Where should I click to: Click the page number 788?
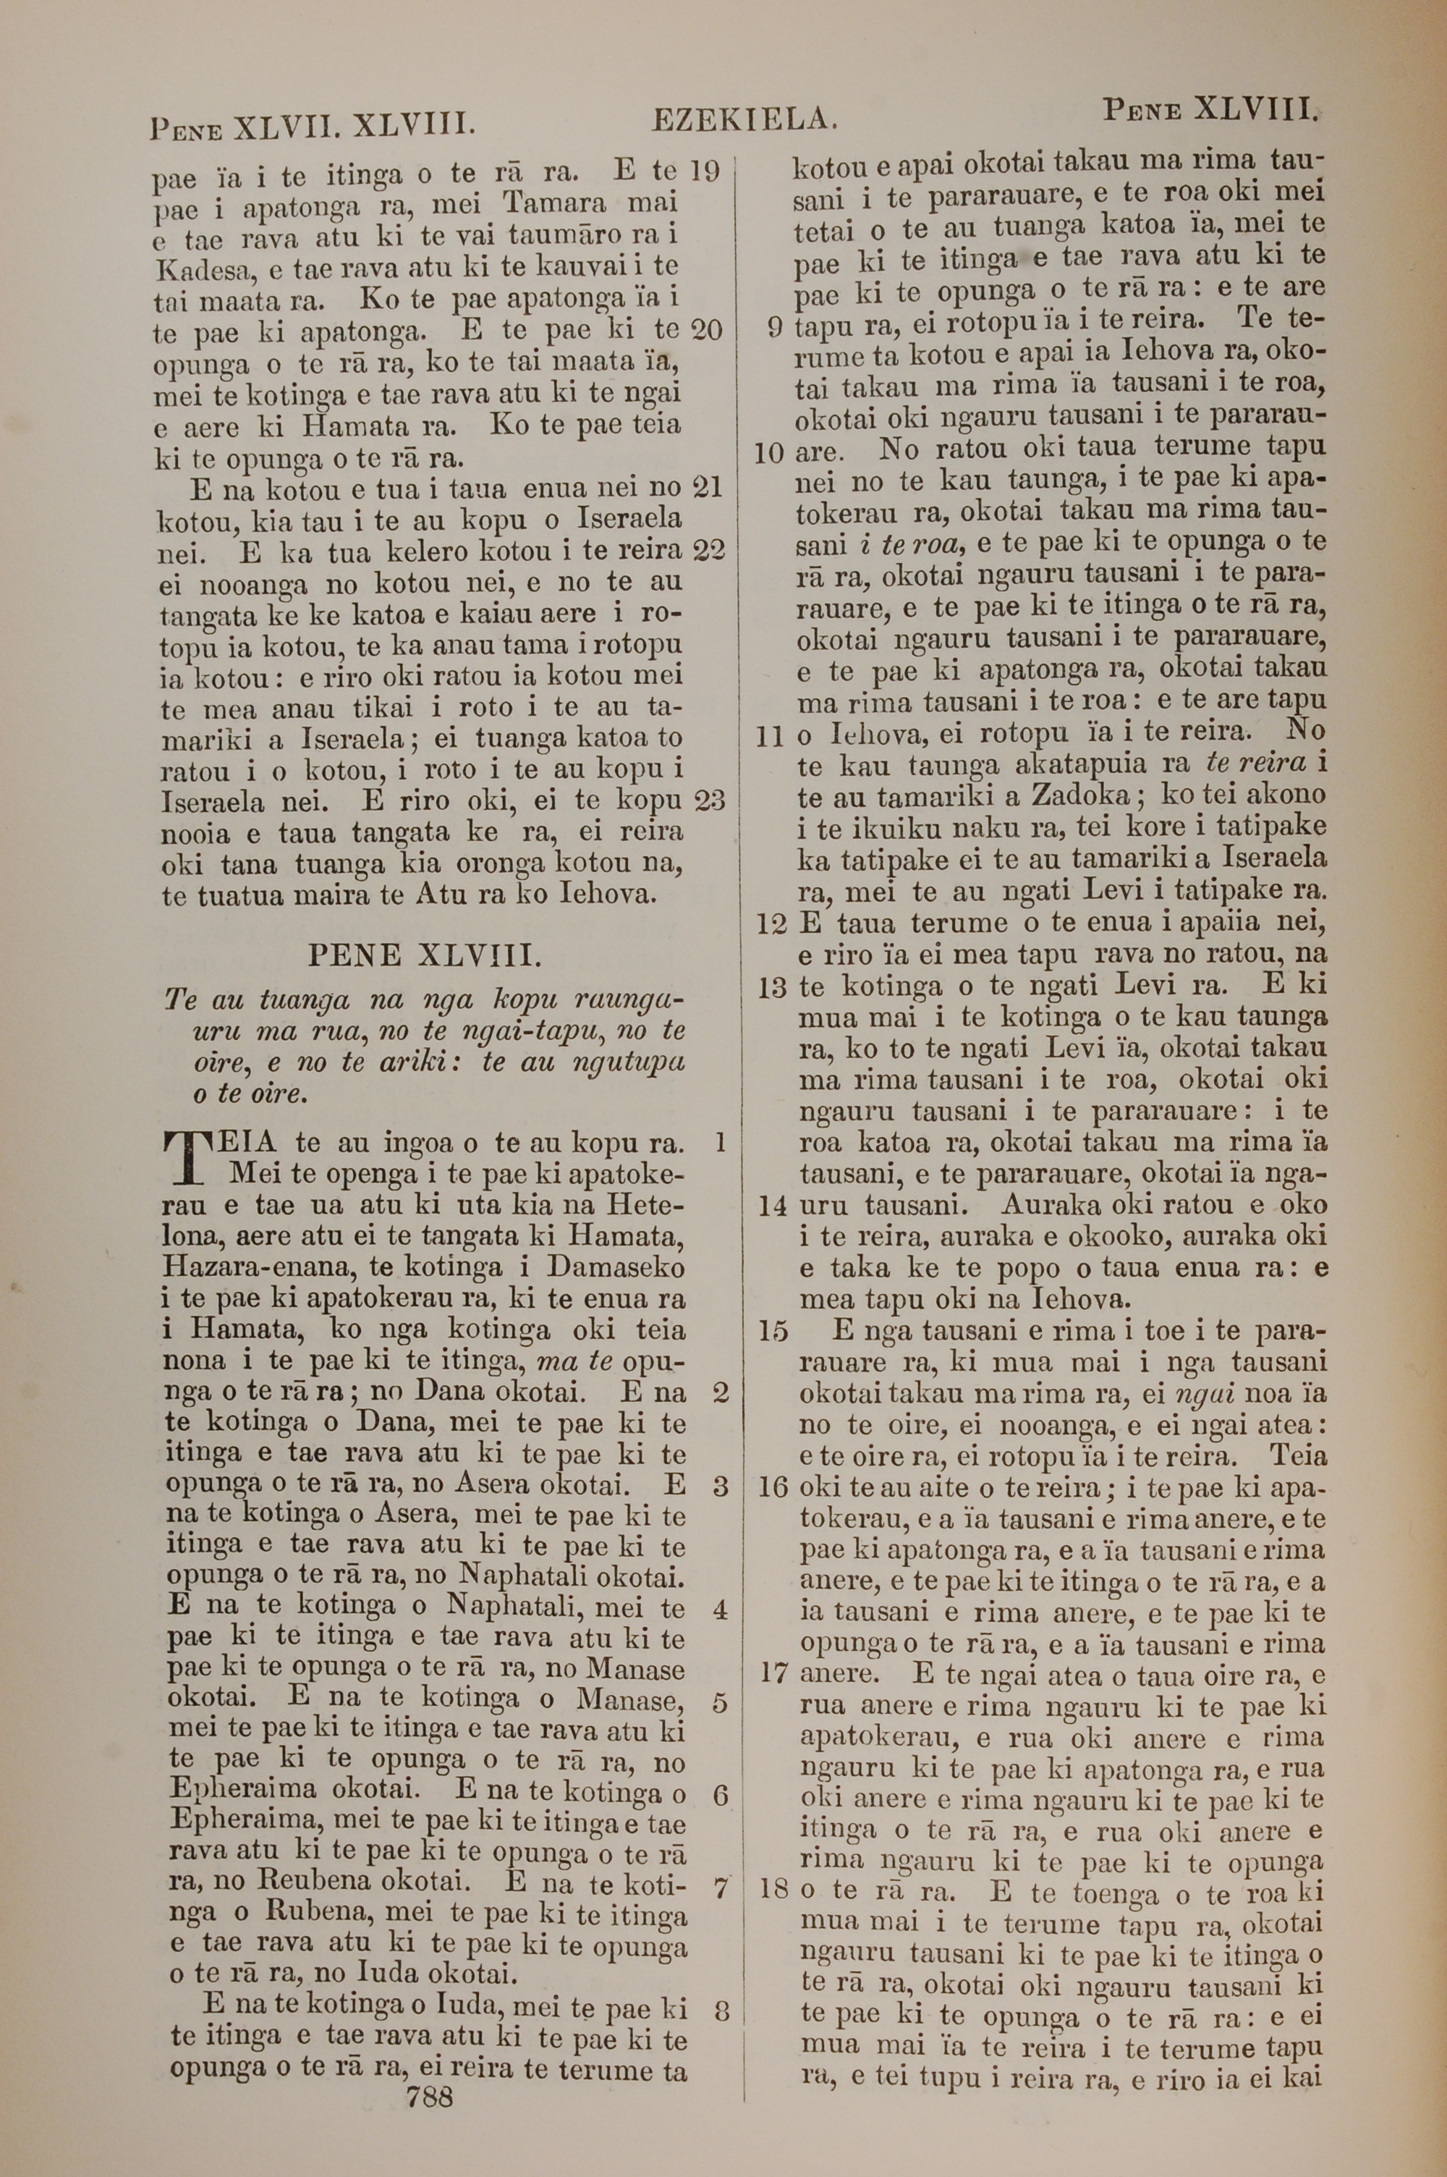(429, 2142)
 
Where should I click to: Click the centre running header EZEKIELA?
(744, 119)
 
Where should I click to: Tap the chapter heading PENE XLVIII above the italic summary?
(423, 954)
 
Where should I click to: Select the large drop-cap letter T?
(187, 1158)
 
